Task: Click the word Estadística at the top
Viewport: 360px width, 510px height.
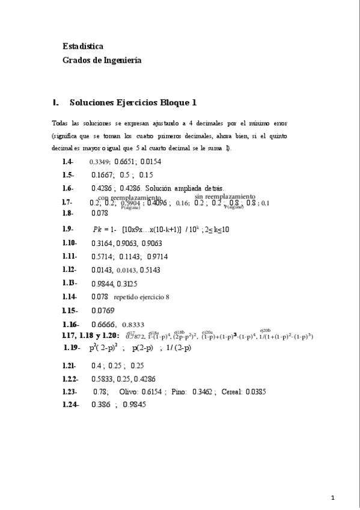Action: (83, 46)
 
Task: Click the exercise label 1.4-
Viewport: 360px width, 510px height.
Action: (68, 162)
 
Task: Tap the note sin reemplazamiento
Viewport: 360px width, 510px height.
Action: (225, 196)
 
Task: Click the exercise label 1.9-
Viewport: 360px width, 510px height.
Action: (68, 229)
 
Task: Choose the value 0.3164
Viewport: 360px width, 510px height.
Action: (102, 243)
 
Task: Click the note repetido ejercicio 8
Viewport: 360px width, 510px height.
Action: (142, 297)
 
